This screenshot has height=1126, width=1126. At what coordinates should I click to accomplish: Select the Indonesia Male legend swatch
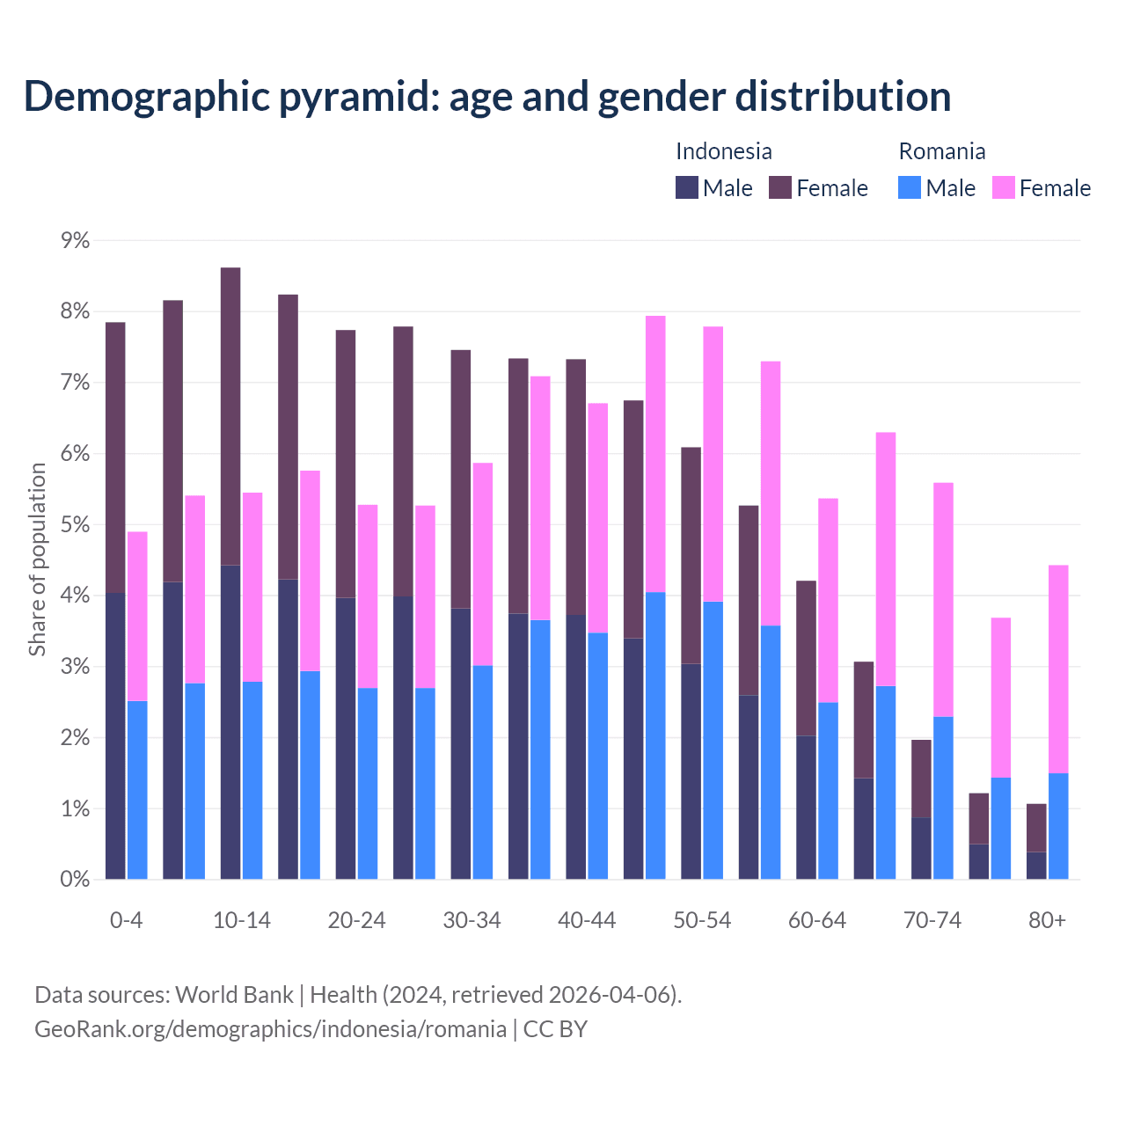(x=687, y=187)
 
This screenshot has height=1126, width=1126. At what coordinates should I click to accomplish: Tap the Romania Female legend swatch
(x=1003, y=187)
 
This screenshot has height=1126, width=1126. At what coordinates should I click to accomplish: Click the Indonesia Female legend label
(x=831, y=188)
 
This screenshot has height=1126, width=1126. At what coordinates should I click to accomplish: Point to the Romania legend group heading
(x=941, y=151)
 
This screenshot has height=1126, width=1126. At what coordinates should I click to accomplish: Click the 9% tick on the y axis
(x=75, y=241)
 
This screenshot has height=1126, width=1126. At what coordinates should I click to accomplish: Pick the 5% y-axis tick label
(x=75, y=525)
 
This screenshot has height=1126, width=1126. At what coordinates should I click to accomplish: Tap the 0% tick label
(x=75, y=880)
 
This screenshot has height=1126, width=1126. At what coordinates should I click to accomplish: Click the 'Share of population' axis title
(x=38, y=559)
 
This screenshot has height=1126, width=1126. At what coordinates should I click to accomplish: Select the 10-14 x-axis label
(x=242, y=921)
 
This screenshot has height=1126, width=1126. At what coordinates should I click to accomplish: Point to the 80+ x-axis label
(x=1047, y=921)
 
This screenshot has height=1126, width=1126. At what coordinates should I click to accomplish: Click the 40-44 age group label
(x=587, y=921)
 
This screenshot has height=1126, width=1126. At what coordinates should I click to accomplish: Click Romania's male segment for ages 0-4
(x=137, y=790)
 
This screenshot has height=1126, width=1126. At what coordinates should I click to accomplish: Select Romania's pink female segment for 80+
(x=1058, y=669)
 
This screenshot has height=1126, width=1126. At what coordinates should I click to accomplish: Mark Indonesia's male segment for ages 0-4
(x=115, y=736)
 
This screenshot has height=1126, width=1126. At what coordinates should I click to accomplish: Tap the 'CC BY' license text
(x=555, y=1029)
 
